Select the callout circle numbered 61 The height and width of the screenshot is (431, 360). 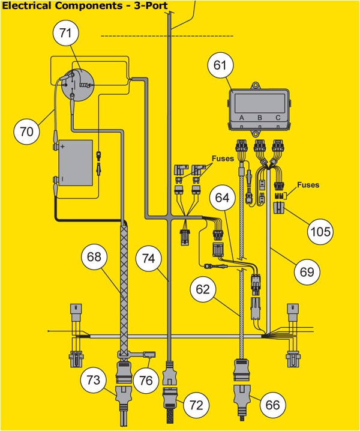(x=222, y=66)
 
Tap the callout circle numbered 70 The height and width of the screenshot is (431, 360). (x=27, y=132)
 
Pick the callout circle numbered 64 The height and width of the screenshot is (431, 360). (x=223, y=197)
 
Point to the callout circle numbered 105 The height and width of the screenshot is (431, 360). (x=322, y=231)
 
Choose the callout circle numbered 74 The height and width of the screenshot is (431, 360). (x=149, y=258)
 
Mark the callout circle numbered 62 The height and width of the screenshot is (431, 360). (x=204, y=290)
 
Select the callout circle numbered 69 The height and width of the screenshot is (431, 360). (x=307, y=271)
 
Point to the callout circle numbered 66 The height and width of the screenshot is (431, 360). (x=273, y=405)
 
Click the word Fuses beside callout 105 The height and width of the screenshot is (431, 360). (x=308, y=185)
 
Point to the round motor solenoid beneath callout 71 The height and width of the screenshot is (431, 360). (x=77, y=85)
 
